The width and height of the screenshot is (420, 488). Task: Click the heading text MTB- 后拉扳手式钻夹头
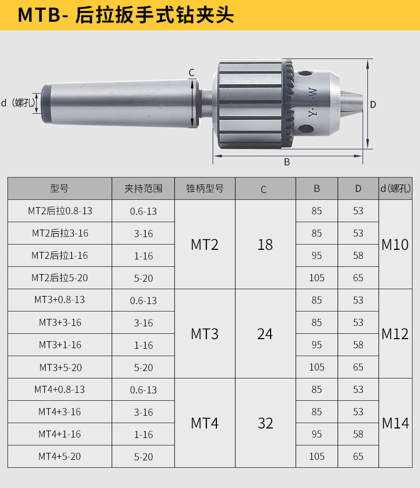click(126, 15)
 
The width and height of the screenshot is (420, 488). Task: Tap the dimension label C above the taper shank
click(191, 72)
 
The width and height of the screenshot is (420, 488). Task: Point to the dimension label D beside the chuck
click(373, 105)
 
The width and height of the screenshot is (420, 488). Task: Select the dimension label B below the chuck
click(287, 162)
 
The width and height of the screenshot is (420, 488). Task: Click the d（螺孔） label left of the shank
click(18, 103)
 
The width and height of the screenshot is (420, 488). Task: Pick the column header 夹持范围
click(143, 188)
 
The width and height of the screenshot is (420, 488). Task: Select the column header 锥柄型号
click(205, 188)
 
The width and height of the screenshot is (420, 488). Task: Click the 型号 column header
click(59, 188)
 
